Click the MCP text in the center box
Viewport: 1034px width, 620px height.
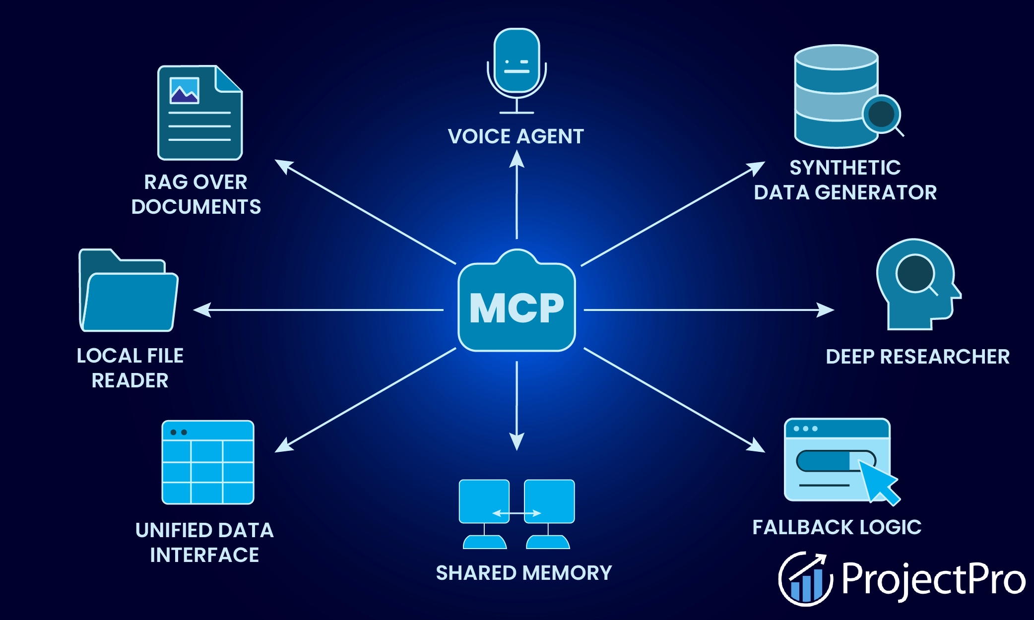[517, 308]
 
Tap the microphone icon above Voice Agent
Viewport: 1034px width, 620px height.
[517, 67]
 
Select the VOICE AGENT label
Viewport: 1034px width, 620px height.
[516, 136]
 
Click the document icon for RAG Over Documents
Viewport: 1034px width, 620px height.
[200, 113]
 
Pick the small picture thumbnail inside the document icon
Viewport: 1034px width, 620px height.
[185, 91]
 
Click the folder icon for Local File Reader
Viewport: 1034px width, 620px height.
[129, 292]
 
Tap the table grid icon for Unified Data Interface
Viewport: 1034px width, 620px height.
[208, 462]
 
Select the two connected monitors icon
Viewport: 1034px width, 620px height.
[517, 513]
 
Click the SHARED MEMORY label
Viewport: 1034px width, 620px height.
[523, 573]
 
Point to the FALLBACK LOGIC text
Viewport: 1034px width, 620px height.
[837, 527]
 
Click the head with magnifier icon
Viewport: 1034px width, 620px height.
[917, 284]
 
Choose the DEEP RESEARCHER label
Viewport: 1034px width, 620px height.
[917, 357]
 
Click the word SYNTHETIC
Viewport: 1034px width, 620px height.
[845, 168]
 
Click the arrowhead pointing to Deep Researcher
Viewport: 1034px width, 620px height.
[827, 310]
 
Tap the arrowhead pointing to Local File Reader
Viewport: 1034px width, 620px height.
[201, 310]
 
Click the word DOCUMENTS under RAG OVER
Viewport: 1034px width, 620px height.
[196, 207]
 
